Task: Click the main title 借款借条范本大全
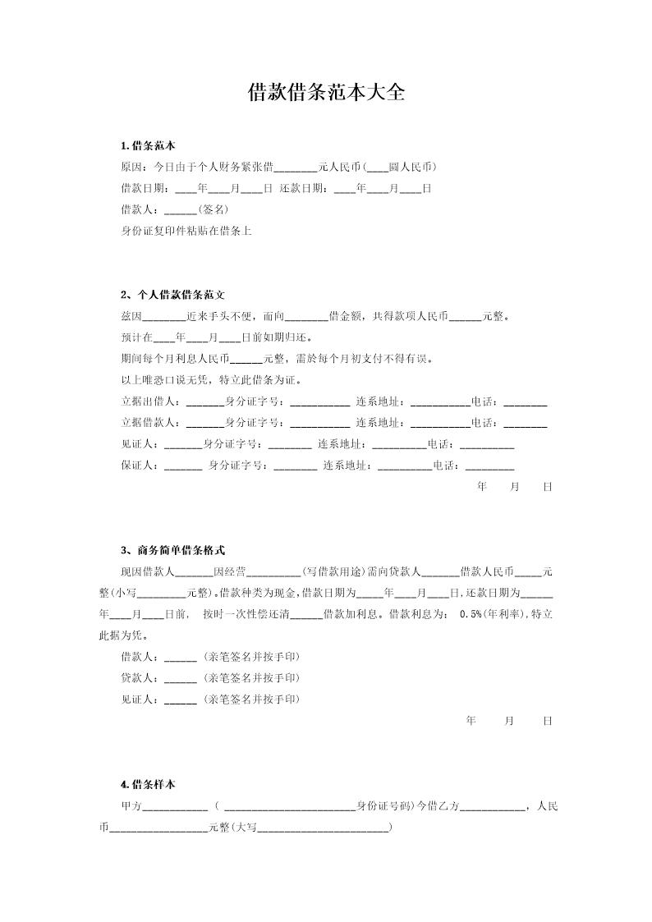click(326, 92)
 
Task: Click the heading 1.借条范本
click(148, 146)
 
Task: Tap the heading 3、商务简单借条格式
click(172, 550)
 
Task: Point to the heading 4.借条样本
click(148, 785)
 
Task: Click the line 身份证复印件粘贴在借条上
click(186, 231)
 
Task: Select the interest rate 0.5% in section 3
click(470, 614)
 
